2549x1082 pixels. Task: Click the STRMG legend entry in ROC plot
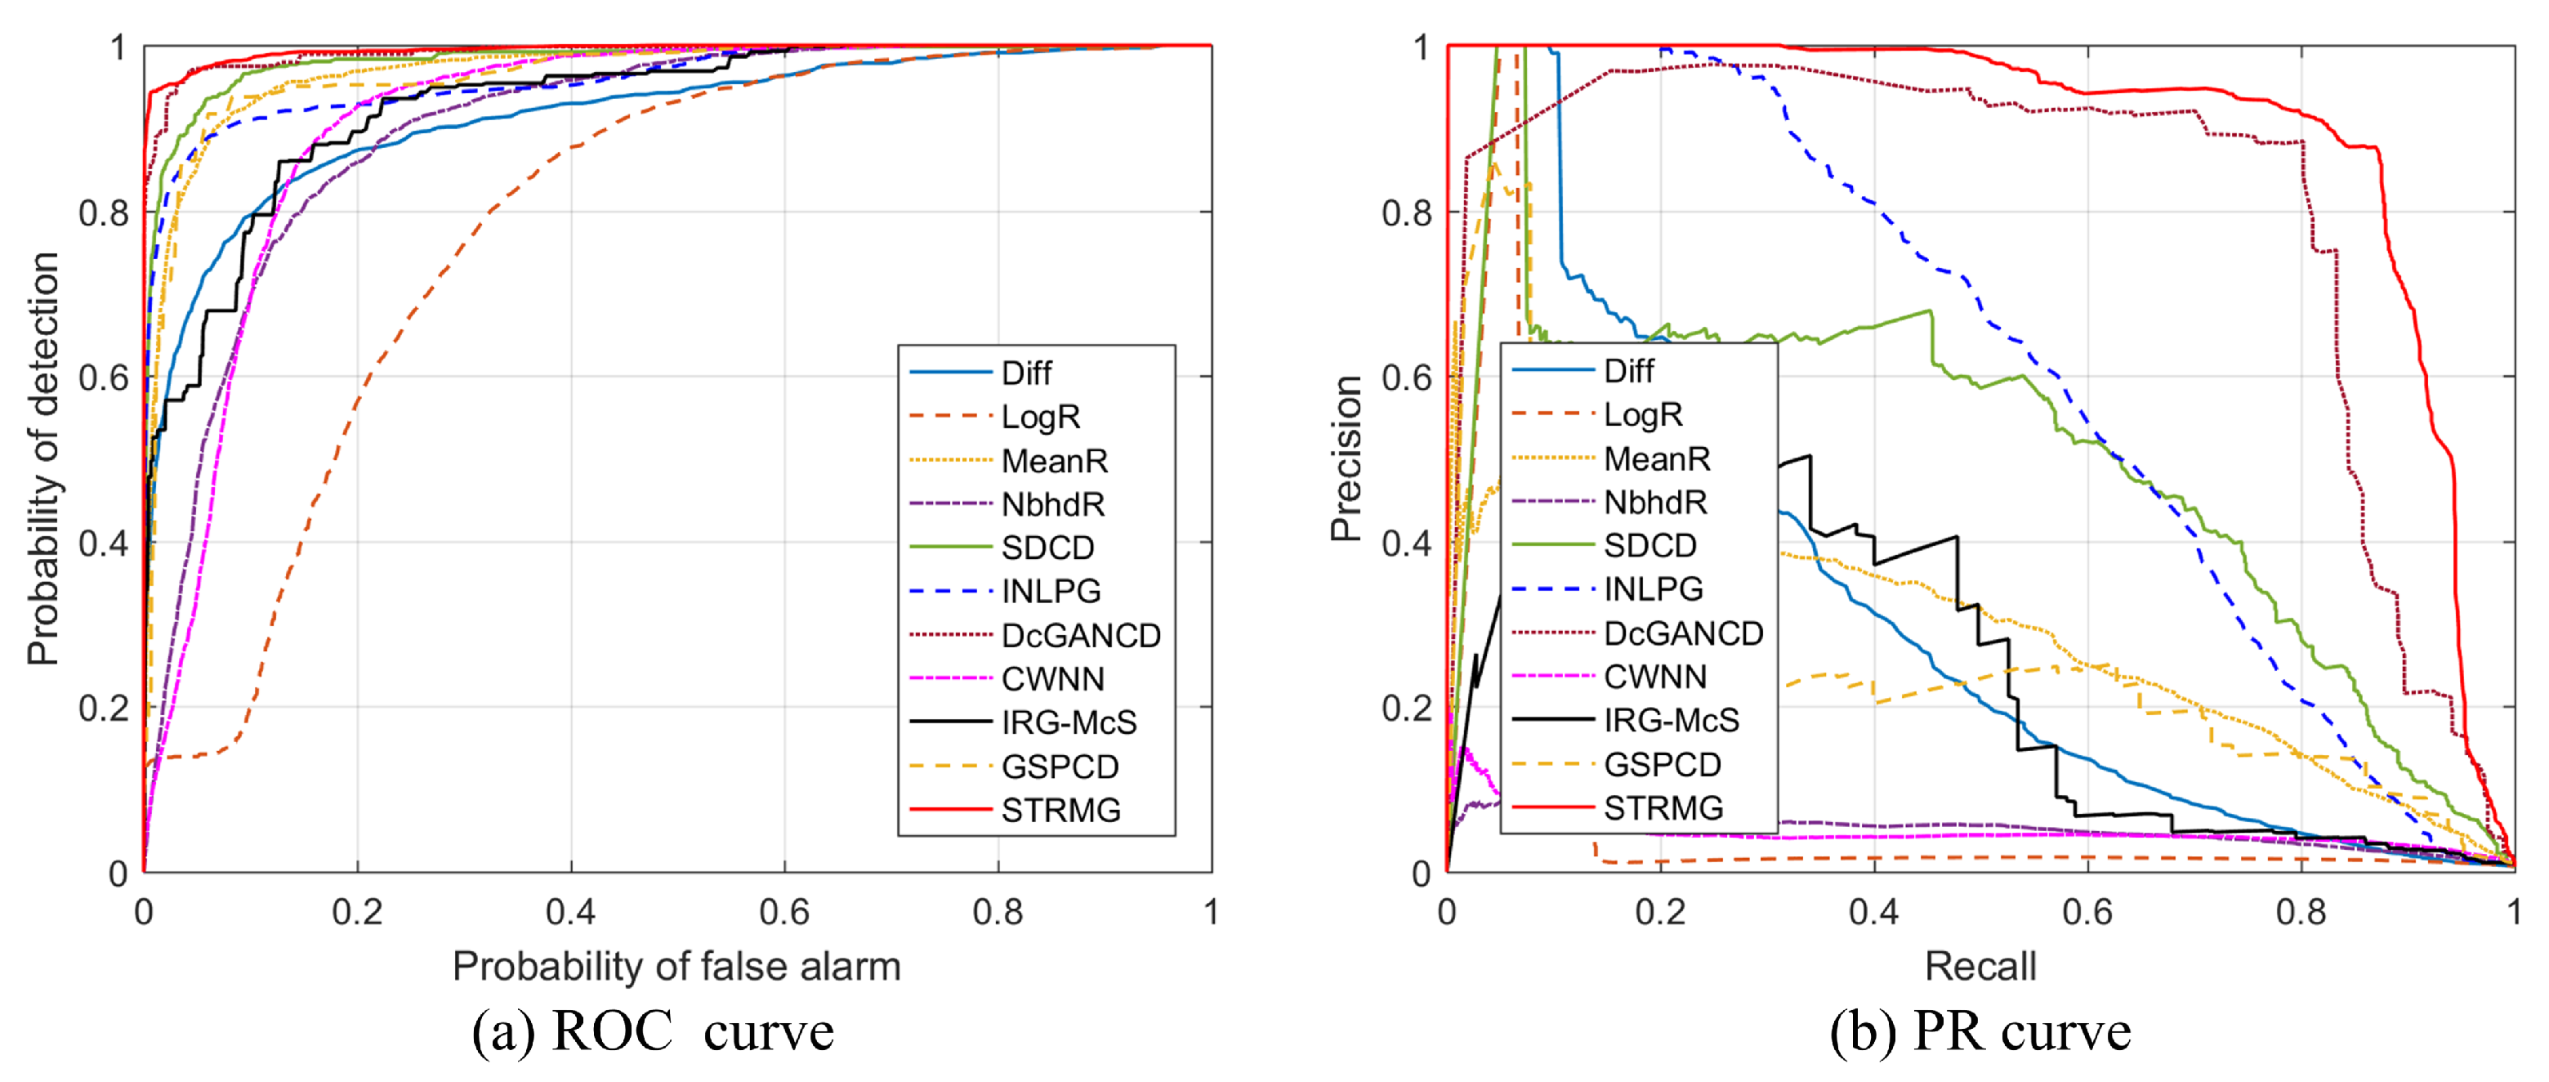[1060, 811]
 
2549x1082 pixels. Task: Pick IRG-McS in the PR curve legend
[1670, 721]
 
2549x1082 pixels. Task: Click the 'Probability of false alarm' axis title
[676, 966]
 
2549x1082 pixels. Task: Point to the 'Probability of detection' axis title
[43, 458]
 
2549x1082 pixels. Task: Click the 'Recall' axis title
[1980, 966]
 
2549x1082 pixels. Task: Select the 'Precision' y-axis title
[1346, 458]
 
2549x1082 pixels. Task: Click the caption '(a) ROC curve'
[652, 1031]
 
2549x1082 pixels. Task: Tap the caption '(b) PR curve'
[1979, 1031]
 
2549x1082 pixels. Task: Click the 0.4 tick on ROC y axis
[104, 543]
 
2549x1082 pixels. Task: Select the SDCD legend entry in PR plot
[1649, 545]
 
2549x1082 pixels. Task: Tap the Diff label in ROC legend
[1026, 373]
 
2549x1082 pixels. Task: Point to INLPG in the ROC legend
[1051, 592]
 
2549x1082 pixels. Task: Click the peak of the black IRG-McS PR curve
[1810, 456]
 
